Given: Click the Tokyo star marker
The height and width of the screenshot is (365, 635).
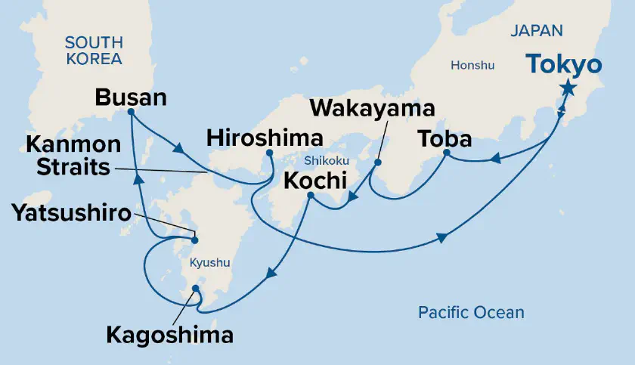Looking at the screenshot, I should tap(567, 89).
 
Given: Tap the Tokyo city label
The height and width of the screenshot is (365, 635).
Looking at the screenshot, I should tap(565, 64).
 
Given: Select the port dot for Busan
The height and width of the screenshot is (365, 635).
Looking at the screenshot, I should tap(132, 112).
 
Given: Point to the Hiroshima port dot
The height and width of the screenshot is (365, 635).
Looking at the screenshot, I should tap(269, 153).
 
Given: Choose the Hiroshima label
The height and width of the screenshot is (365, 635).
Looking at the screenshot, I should tap(265, 138).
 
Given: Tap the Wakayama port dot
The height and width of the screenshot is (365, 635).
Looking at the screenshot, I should tap(377, 162).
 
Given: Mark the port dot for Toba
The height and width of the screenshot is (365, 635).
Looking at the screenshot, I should tap(446, 153).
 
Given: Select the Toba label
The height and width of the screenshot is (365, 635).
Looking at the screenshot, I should tap(446, 139).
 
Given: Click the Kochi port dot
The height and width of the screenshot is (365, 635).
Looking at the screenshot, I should tap(310, 196).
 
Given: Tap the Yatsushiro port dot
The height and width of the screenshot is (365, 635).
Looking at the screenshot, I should tap(194, 241).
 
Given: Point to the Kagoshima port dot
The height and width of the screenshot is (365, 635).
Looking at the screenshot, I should tap(196, 289).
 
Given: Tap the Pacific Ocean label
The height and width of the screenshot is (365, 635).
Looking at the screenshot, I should tap(471, 312).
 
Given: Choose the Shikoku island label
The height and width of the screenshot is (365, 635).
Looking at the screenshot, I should tap(325, 161).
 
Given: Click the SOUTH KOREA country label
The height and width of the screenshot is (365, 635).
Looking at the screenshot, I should tap(94, 51).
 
